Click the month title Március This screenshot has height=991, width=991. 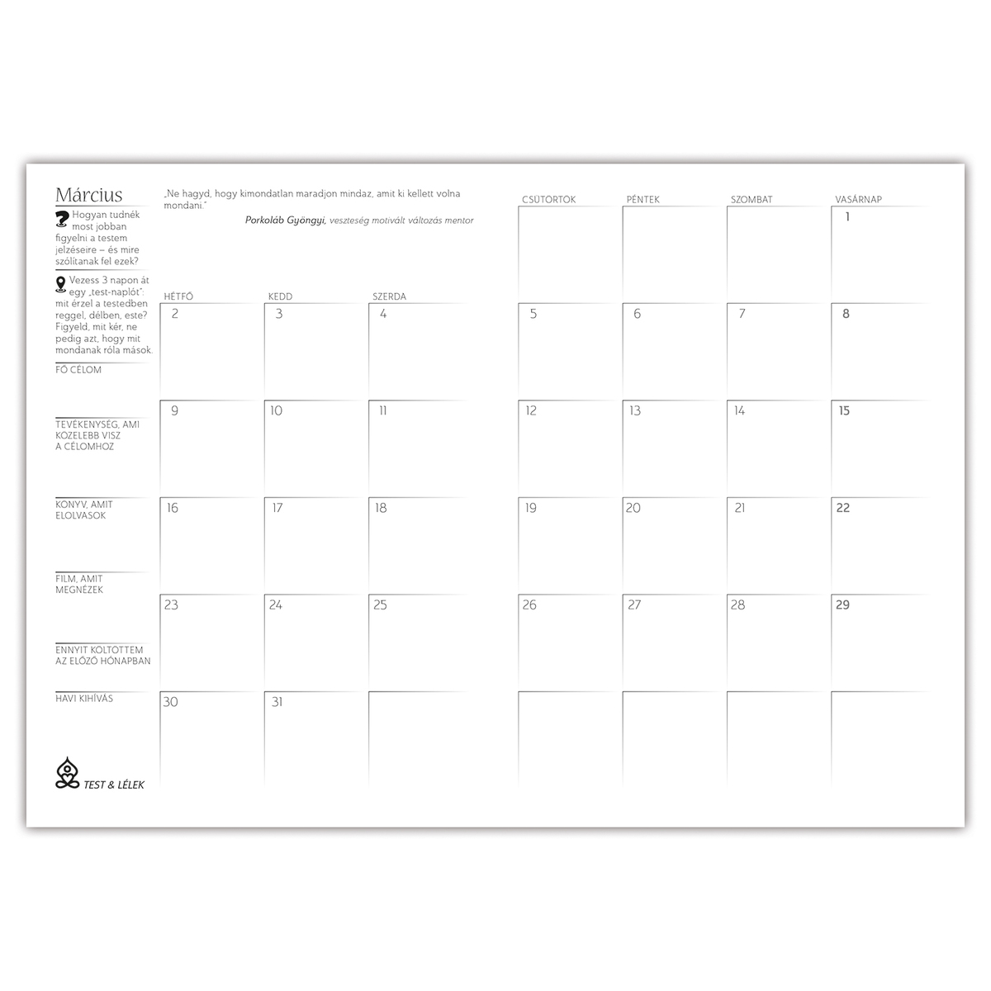(x=89, y=195)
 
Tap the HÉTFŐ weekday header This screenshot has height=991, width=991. (x=178, y=296)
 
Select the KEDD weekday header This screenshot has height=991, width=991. (x=280, y=296)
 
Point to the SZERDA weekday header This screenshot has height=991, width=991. (x=389, y=296)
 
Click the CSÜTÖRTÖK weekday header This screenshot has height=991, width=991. (x=549, y=200)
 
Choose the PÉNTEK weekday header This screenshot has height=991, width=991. (x=643, y=200)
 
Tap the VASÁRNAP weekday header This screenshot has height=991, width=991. (x=859, y=200)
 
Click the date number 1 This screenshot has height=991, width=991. (x=847, y=217)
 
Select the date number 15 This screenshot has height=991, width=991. (x=844, y=410)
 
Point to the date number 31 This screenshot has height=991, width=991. (x=277, y=702)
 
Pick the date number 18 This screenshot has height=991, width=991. (x=381, y=508)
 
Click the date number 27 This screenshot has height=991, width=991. (x=634, y=605)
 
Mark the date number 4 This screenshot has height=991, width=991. (x=383, y=314)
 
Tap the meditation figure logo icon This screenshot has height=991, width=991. (x=67, y=773)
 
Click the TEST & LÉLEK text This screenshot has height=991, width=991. (x=114, y=785)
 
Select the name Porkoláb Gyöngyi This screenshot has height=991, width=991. (x=286, y=220)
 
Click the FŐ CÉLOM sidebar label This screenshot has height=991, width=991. (x=79, y=370)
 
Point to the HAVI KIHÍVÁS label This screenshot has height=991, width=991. (x=84, y=699)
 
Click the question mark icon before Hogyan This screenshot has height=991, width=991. (x=62, y=218)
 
